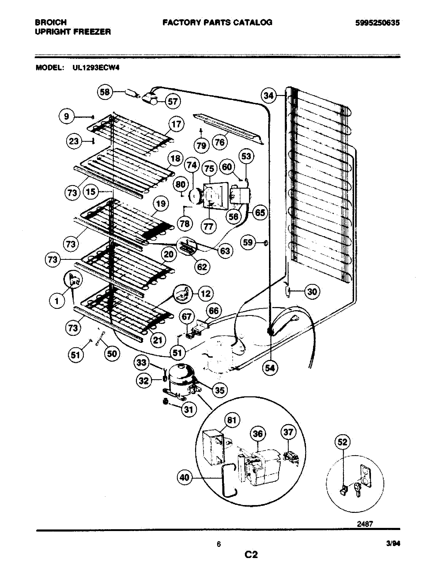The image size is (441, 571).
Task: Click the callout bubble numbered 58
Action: [105, 92]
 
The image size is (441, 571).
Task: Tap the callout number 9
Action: [66, 116]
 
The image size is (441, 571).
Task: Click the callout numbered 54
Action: [270, 368]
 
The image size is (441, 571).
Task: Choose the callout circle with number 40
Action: [184, 477]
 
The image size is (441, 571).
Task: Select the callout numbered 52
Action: [342, 442]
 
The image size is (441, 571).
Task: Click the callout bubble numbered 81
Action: [232, 420]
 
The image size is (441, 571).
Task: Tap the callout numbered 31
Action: [188, 409]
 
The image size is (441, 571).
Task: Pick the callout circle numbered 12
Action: [206, 294]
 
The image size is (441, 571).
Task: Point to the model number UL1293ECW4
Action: [96, 68]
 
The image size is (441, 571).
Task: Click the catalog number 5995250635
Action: [377, 23]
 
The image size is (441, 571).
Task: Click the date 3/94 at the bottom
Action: [393, 544]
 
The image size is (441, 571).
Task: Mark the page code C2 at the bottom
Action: [251, 555]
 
